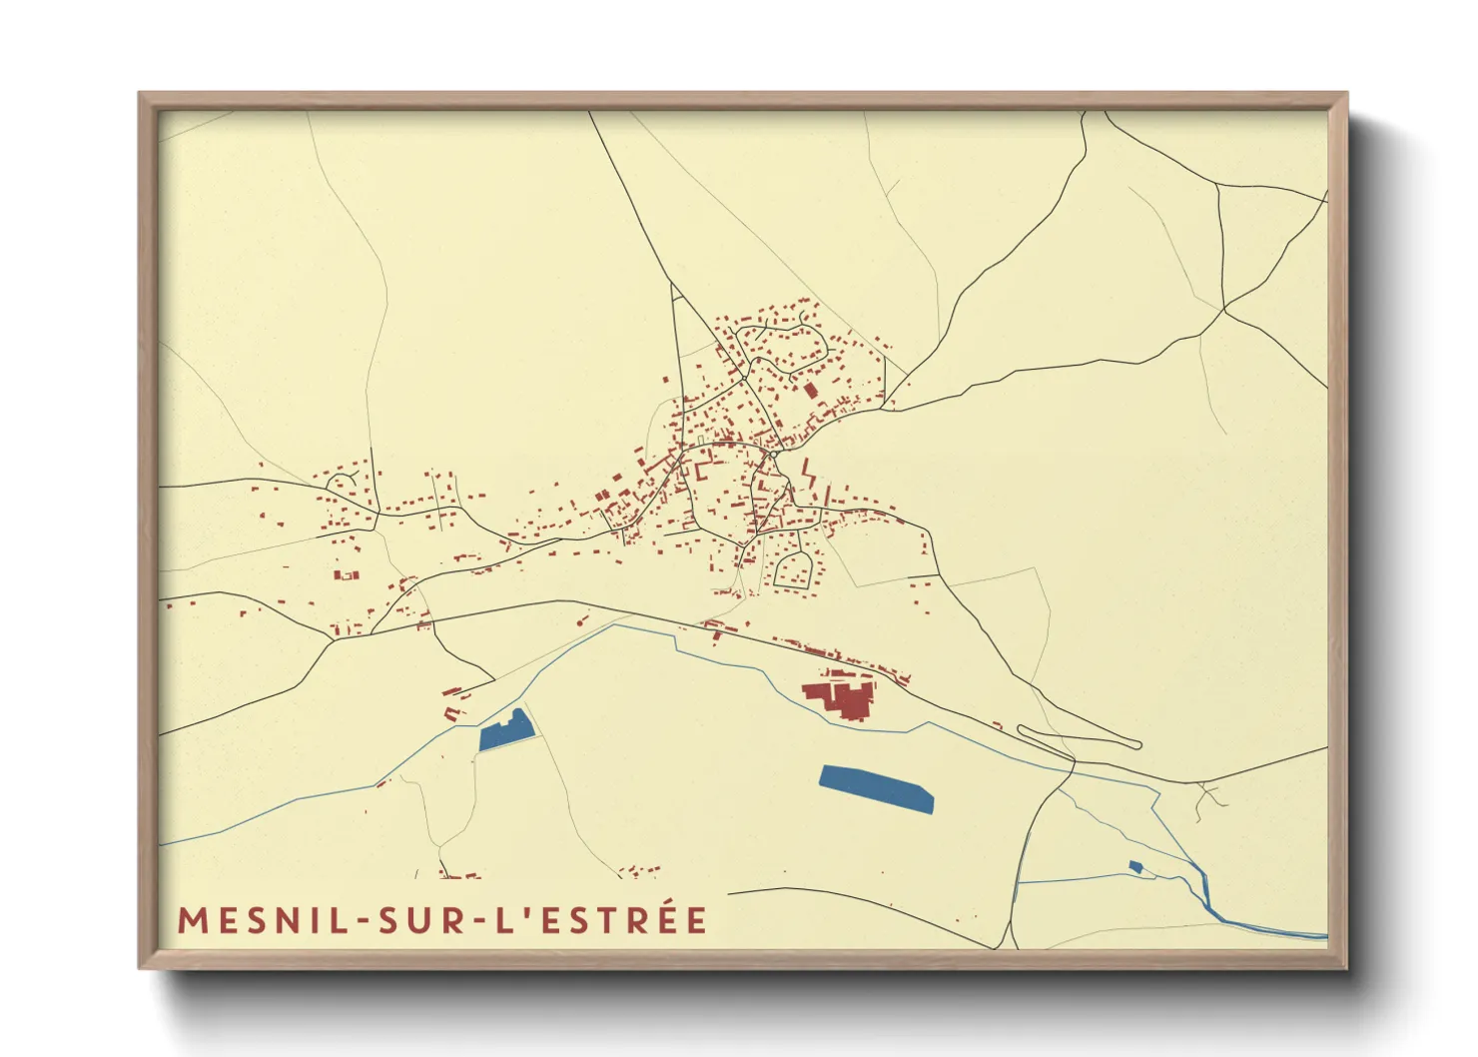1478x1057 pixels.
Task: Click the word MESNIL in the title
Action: click(264, 920)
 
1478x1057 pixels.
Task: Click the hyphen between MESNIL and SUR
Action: click(363, 921)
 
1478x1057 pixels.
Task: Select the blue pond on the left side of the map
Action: click(505, 731)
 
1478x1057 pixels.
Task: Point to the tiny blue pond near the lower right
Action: click(1134, 866)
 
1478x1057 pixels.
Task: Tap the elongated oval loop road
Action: click(1079, 737)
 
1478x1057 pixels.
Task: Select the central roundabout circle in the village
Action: click(772, 455)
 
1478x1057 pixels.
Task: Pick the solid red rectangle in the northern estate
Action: click(810, 389)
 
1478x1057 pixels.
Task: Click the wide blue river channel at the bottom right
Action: click(1263, 927)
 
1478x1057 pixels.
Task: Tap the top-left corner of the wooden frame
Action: click(140, 94)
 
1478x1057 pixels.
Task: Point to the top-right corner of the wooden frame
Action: click(1346, 94)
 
